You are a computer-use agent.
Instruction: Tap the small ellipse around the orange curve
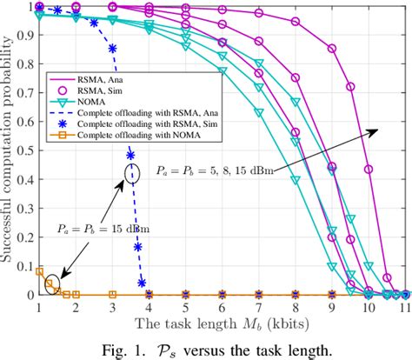pos(53,282)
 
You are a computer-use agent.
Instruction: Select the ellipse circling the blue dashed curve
pos(131,170)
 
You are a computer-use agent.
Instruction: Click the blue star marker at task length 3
pos(112,50)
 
